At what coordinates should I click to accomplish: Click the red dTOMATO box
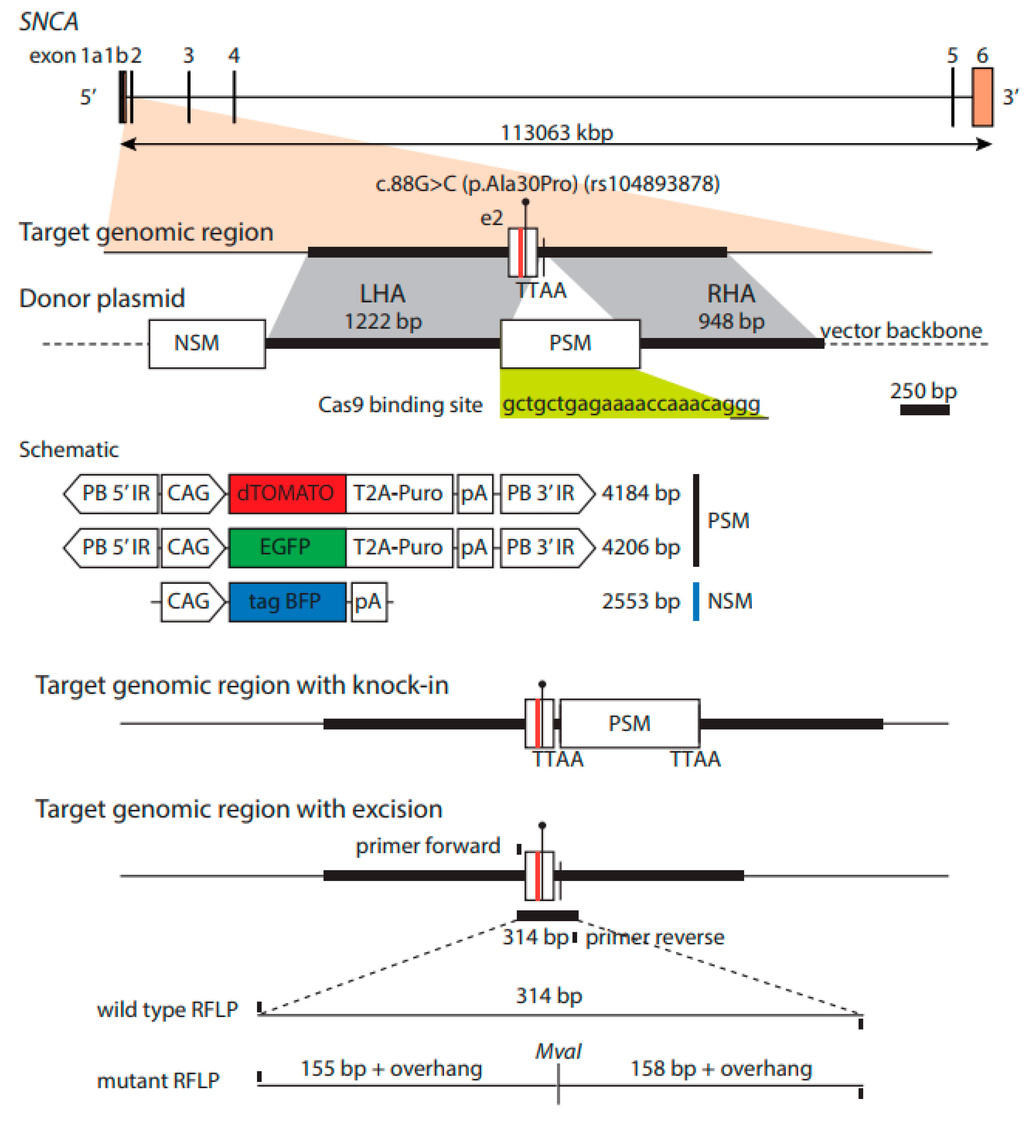click(287, 493)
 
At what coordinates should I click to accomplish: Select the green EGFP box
click(287, 547)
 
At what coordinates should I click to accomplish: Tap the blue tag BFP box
click(287, 601)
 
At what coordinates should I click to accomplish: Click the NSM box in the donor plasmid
click(206, 343)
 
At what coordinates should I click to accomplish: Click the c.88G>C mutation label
click(547, 184)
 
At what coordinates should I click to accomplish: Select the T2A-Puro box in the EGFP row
click(398, 547)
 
